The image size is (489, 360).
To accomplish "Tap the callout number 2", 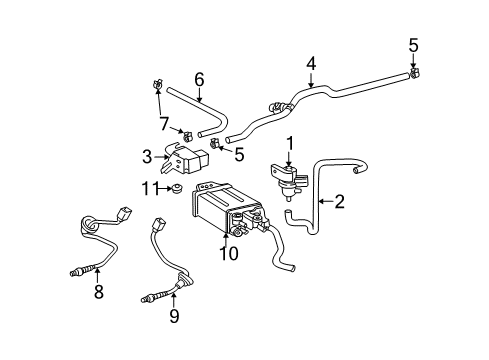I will point(339,203).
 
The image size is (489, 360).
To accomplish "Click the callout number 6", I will point(198,79).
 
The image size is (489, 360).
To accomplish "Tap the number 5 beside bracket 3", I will point(238,154).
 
